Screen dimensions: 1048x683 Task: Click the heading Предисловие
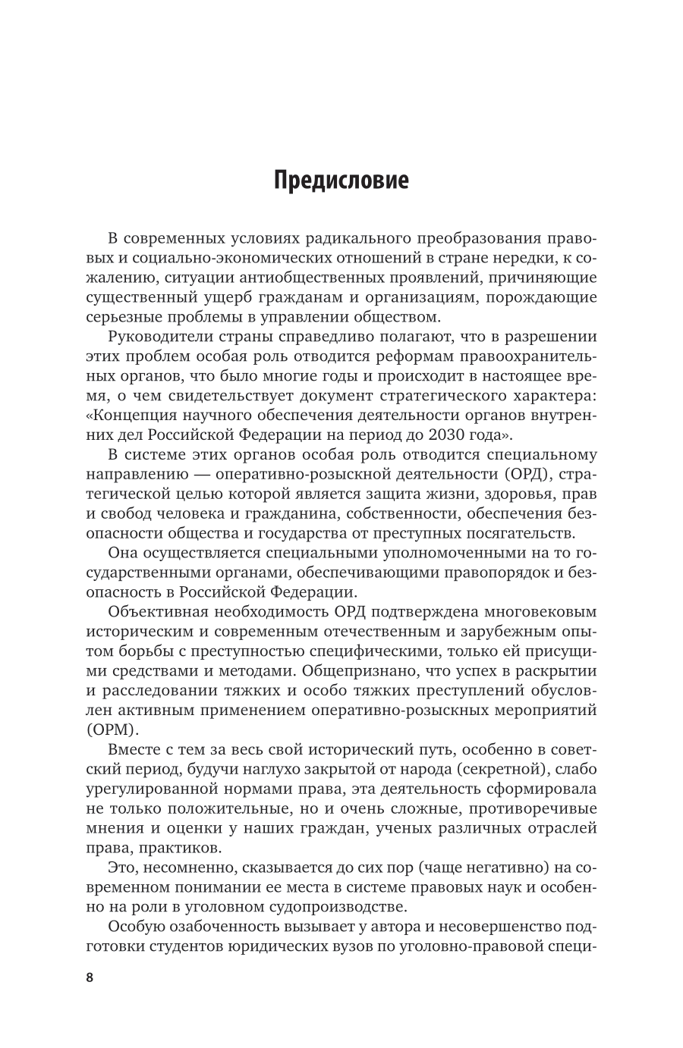(341, 203)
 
